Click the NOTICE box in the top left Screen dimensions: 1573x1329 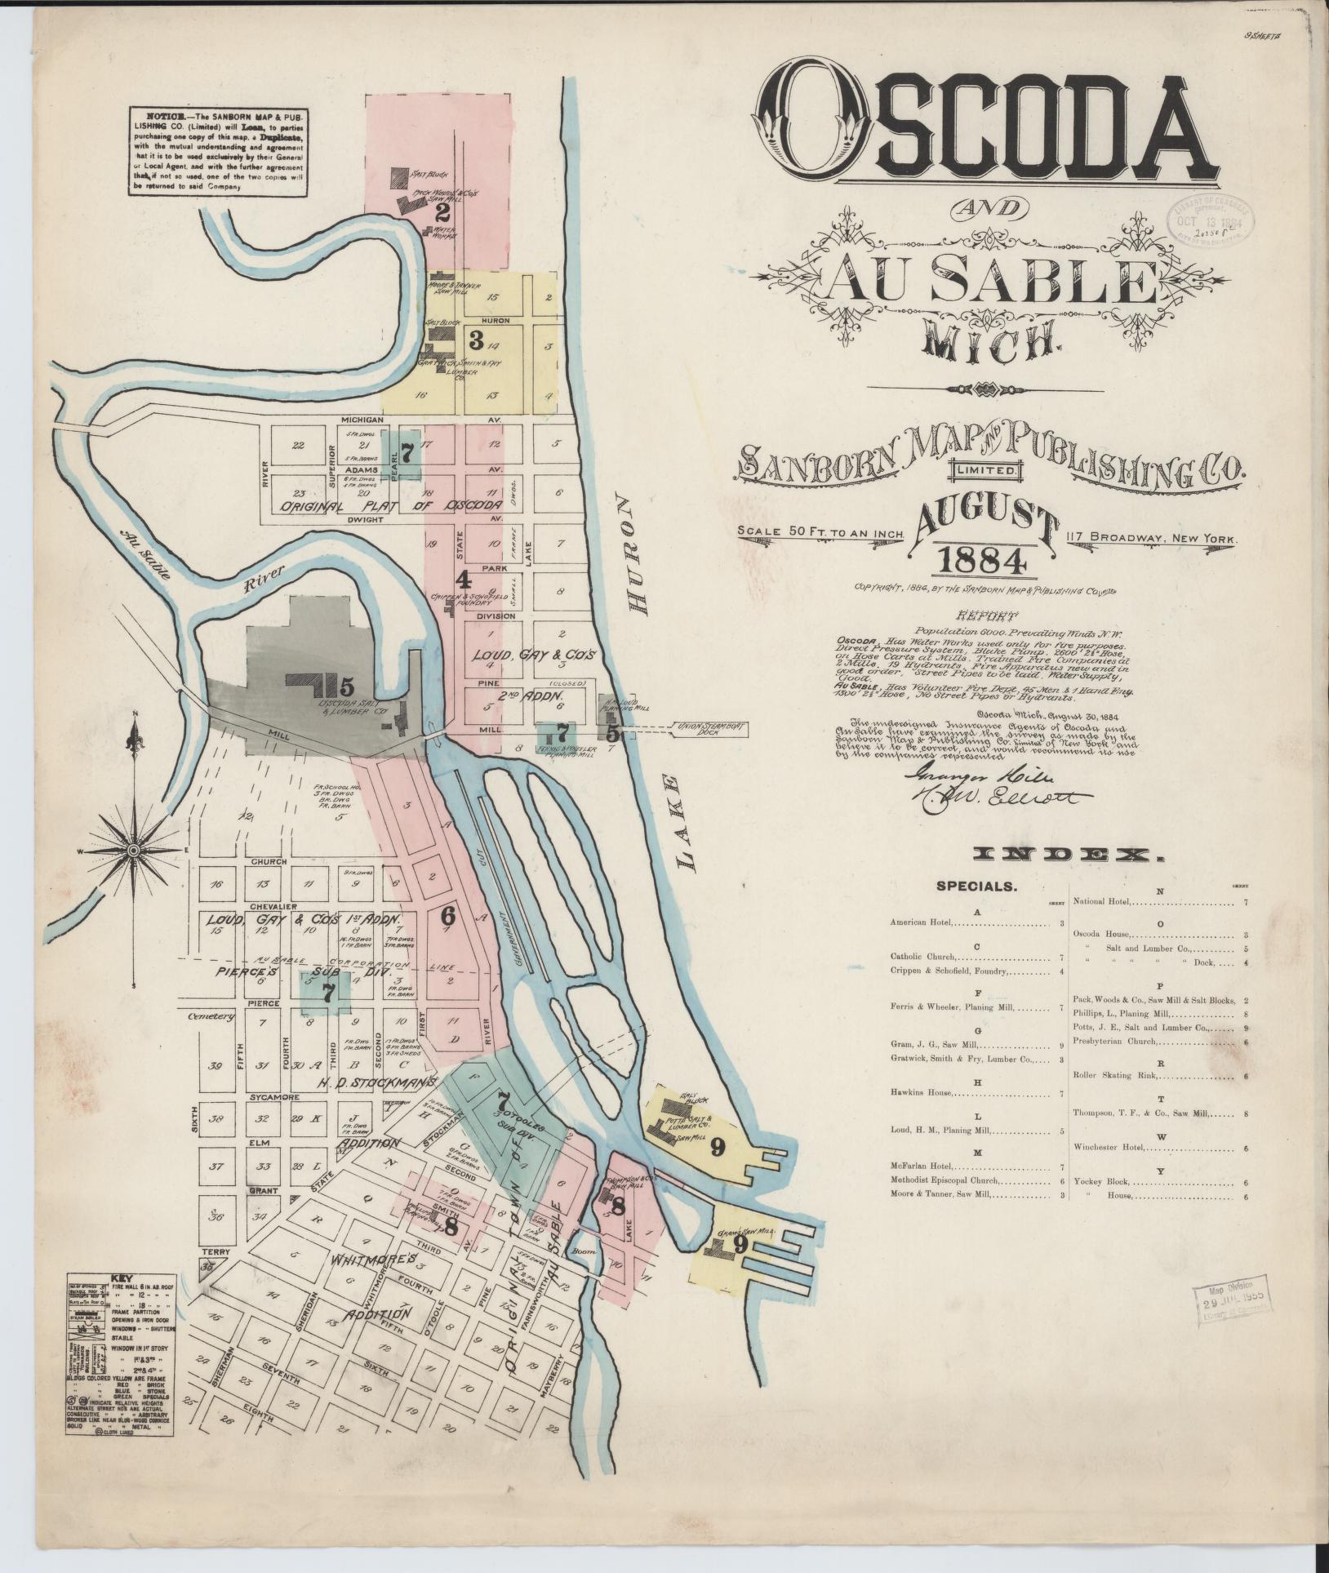[217, 150]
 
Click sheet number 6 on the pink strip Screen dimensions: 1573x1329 [447, 916]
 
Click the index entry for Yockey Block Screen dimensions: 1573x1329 [1104, 1181]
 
